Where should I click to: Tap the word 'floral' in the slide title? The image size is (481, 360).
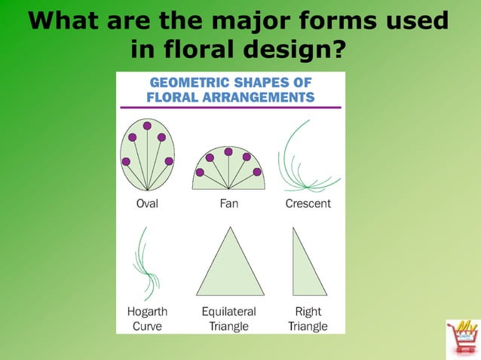pos(195,49)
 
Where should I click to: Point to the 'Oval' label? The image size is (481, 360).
pos(147,203)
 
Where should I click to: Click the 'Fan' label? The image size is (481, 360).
pos(228,203)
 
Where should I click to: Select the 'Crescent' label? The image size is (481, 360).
pos(308,203)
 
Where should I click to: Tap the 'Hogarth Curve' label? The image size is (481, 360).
pos(147,319)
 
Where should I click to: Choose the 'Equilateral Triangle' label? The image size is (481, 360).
pos(228,319)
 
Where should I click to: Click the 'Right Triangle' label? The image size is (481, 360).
pos(308,319)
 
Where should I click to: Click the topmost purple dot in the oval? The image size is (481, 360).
pos(147,126)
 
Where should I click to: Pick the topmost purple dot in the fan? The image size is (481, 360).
pos(228,151)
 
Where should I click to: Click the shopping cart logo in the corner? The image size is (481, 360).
pos(461,337)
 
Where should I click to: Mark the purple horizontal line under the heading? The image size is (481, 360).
pos(230,108)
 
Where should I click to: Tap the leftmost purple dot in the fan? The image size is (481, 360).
pos(200,172)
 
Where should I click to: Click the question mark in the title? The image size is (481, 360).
pos(340,49)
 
